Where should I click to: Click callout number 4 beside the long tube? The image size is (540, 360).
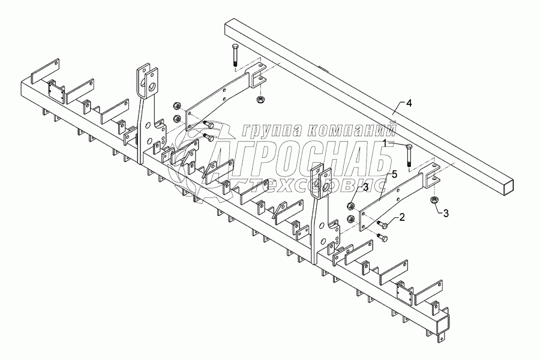click(409, 104)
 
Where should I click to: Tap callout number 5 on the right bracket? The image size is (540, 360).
click(394, 174)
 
